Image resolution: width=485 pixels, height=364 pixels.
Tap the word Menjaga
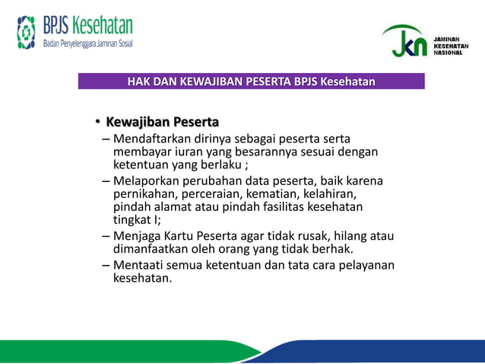point(137,236)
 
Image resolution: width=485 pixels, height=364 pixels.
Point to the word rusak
point(318,236)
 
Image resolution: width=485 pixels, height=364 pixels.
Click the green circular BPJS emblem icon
point(27,32)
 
